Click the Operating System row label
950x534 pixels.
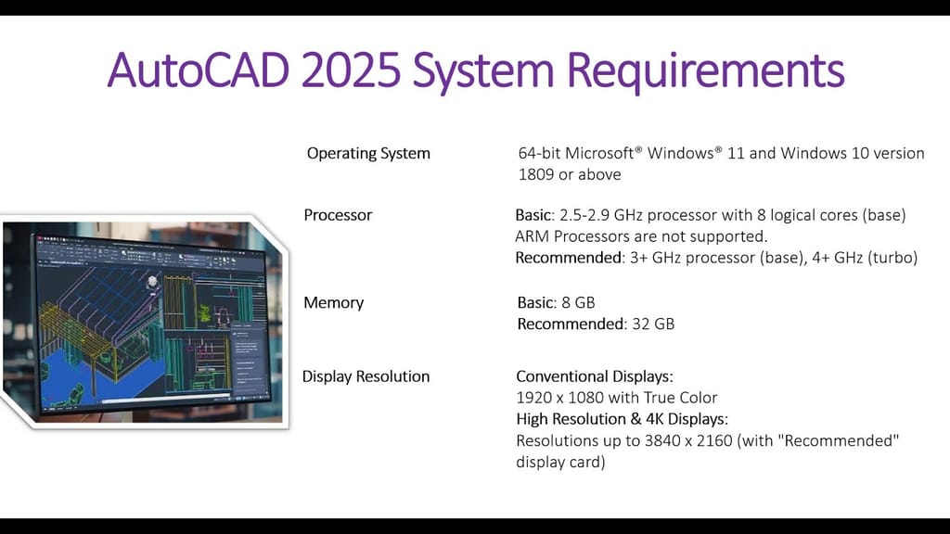coord(368,153)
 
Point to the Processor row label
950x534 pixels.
coord(338,215)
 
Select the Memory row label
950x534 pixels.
coord(334,302)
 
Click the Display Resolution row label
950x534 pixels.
coord(366,376)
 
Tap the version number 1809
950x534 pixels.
coord(539,174)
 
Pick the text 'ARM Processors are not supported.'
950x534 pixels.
coord(641,236)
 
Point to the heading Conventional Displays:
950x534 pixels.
coord(594,376)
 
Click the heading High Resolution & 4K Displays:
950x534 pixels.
coord(622,419)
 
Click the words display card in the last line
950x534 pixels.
coord(560,462)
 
